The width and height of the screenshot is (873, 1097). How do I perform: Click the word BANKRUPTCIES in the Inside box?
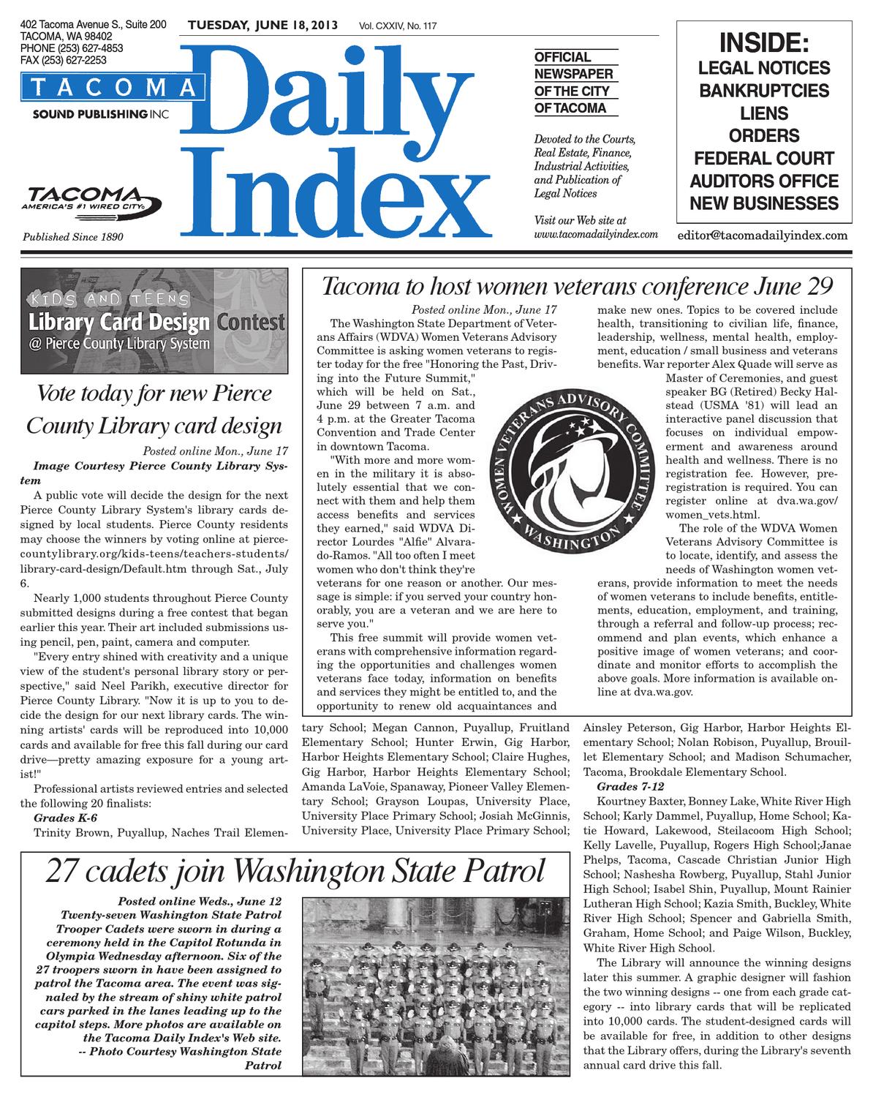[x=764, y=91]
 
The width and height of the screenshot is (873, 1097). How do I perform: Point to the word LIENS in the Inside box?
[x=764, y=114]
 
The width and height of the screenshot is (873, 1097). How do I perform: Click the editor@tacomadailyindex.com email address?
[x=763, y=235]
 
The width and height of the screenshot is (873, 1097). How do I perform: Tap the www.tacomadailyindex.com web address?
[x=596, y=234]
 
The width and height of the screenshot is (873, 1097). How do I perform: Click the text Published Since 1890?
[x=73, y=237]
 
